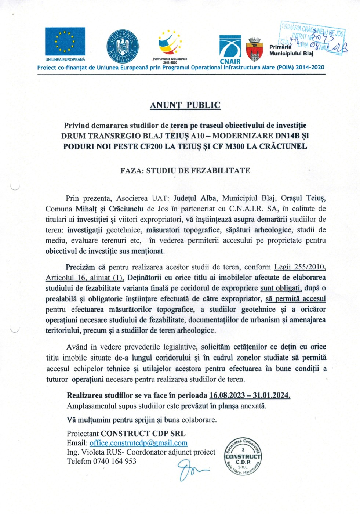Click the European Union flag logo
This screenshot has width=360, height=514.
[65, 41]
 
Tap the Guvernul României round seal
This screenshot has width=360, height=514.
[122, 46]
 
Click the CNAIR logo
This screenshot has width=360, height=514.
[230, 49]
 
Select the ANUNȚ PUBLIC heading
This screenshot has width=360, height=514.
[185, 105]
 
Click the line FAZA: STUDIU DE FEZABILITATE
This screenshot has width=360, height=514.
[185, 171]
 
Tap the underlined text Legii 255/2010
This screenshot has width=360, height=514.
[300, 267]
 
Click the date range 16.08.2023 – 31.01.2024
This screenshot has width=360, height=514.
[250, 395]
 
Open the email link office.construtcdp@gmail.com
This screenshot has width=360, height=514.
[138, 443]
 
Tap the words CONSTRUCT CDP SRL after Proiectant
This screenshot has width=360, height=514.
[143, 434]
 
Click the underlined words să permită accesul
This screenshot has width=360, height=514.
[295, 299]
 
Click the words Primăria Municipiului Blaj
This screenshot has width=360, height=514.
[291, 50]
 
